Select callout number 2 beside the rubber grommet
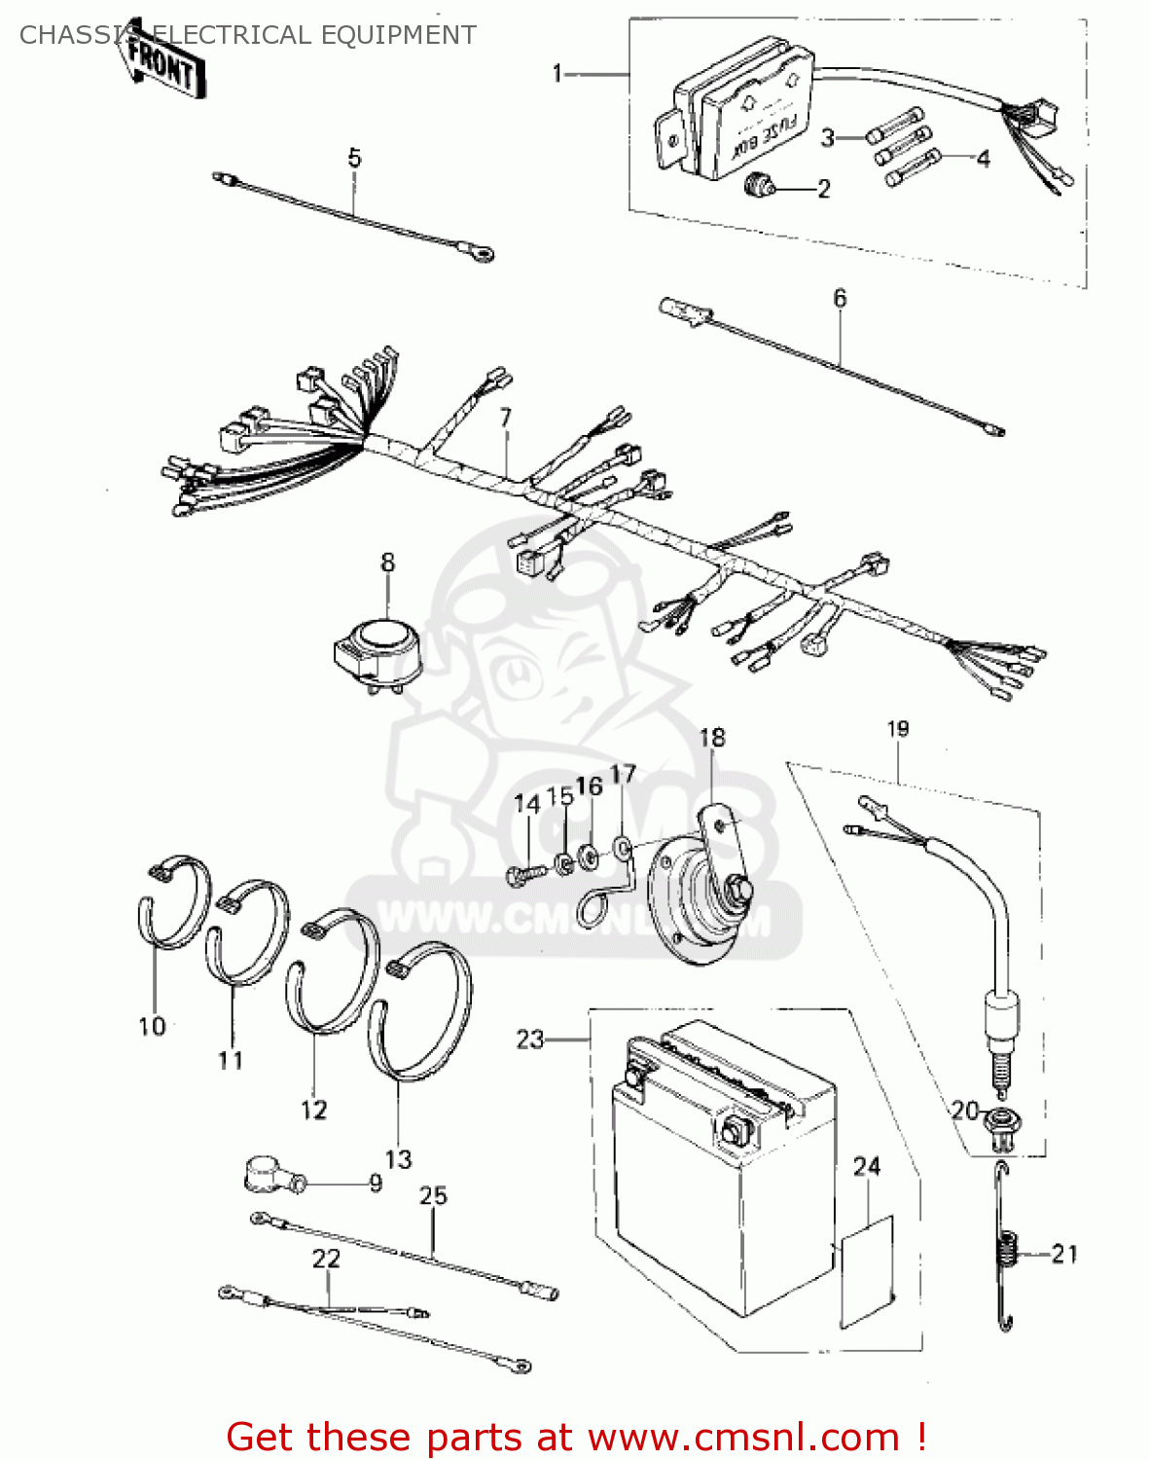pyautogui.click(x=824, y=189)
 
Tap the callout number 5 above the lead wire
pyautogui.click(x=354, y=158)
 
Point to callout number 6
pyautogui.click(x=840, y=298)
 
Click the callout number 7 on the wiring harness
pyautogui.click(x=505, y=418)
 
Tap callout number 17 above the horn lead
pyautogui.click(x=623, y=774)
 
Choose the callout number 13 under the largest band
pyautogui.click(x=398, y=1159)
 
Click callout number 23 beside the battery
pyautogui.click(x=529, y=1040)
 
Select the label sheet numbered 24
pyautogui.click(x=866, y=1270)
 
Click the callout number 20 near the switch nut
pyautogui.click(x=964, y=1111)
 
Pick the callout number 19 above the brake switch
pyautogui.click(x=897, y=729)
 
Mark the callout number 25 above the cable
pyautogui.click(x=433, y=1195)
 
